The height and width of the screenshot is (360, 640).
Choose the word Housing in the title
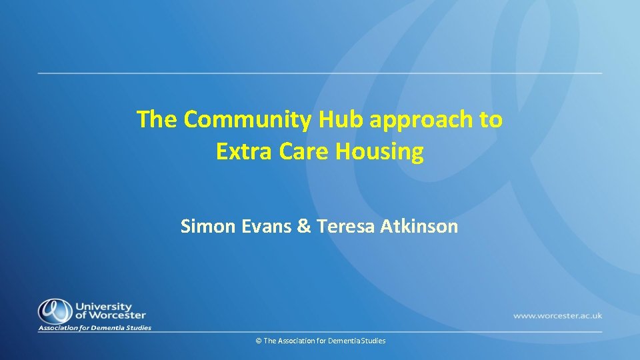point(379,153)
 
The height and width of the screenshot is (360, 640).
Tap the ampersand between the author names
point(304,227)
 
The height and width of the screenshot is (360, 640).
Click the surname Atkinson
point(419,227)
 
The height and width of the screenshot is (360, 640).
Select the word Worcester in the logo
point(117,315)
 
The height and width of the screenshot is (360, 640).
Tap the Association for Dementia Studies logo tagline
point(95,328)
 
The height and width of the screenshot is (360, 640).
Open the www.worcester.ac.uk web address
point(557,315)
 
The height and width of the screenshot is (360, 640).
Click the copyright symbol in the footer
point(258,341)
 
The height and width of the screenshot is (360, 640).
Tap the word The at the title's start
point(157,121)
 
